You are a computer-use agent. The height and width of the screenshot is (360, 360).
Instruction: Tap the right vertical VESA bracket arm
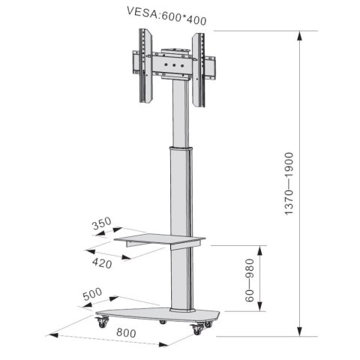[x=198, y=69]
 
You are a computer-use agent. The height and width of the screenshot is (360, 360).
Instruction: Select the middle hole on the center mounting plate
[x=173, y=65]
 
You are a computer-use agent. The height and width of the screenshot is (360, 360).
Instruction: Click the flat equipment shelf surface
[x=160, y=240]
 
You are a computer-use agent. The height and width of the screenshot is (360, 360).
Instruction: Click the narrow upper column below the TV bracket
[x=178, y=112]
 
